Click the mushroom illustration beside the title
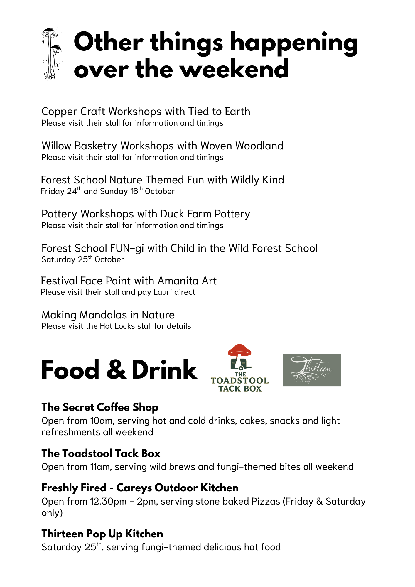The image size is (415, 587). click(x=52, y=54)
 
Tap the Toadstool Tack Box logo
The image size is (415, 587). click(x=239, y=368)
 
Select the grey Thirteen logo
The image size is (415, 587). click(x=312, y=370)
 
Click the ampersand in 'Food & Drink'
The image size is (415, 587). click(x=116, y=370)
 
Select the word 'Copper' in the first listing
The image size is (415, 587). click(x=59, y=112)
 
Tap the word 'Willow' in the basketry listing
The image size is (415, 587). click(x=56, y=146)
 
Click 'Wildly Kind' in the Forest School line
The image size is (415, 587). click(x=257, y=180)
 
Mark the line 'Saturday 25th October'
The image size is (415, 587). click(x=83, y=259)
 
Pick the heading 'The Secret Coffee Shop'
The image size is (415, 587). click(x=100, y=407)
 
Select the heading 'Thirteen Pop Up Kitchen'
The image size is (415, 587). click(x=102, y=534)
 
